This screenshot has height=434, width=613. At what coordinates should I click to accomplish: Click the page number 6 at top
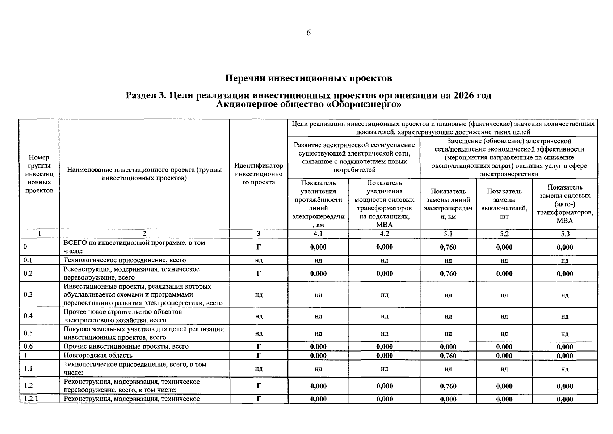click(x=308, y=33)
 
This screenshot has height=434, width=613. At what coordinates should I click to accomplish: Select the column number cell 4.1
click(x=318, y=234)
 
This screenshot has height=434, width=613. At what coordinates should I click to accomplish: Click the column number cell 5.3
click(x=565, y=234)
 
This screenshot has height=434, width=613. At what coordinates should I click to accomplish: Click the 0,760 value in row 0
click(x=448, y=247)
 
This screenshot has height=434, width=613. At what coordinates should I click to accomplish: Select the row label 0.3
click(x=28, y=294)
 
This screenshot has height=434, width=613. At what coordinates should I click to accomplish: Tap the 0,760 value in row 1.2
click(x=448, y=386)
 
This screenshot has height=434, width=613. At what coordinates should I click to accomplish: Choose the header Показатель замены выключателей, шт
click(x=504, y=204)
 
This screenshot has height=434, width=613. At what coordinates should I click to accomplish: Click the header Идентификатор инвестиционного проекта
click(x=259, y=174)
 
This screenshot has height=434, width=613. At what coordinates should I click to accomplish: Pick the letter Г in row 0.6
click(x=259, y=346)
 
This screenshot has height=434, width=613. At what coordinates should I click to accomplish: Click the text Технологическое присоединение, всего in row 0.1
click(x=125, y=260)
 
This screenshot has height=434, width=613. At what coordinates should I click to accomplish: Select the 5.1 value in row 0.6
click(x=448, y=346)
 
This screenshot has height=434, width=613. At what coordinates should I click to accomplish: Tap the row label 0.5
click(x=28, y=333)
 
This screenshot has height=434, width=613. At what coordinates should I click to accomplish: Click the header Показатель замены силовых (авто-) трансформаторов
click(x=565, y=204)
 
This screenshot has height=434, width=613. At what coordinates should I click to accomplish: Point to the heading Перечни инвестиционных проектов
click(x=308, y=78)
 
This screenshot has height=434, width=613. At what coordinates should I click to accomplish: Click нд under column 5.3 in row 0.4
click(x=565, y=316)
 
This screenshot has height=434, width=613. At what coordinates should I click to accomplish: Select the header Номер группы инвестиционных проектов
click(x=39, y=174)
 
